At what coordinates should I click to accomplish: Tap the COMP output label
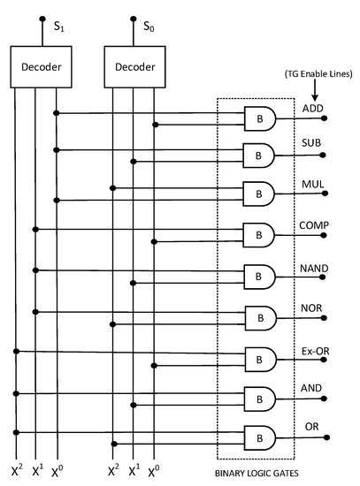click(315, 225)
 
